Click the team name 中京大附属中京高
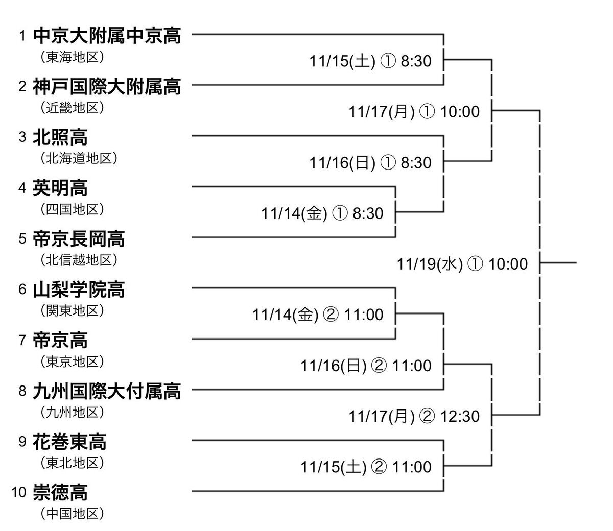pyautogui.click(x=107, y=36)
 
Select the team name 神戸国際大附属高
pyautogui.click(x=107, y=86)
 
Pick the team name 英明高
pyautogui.click(x=60, y=188)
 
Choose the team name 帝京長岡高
pyautogui.click(x=79, y=238)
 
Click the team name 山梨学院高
pyautogui.click(x=79, y=289)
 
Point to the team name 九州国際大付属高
pyautogui.click(x=107, y=391)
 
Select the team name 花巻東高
pyautogui.click(x=69, y=442)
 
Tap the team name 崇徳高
pyautogui.click(x=60, y=493)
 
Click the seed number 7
pyautogui.click(x=22, y=341)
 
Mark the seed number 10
pyautogui.click(x=19, y=493)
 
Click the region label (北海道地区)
pyautogui.click(x=79, y=158)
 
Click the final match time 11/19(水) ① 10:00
pyautogui.click(x=462, y=264)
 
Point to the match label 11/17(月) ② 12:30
pyautogui.click(x=414, y=416)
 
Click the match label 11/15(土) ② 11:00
pyautogui.click(x=366, y=467)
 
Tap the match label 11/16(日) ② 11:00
pyautogui.click(x=366, y=366)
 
